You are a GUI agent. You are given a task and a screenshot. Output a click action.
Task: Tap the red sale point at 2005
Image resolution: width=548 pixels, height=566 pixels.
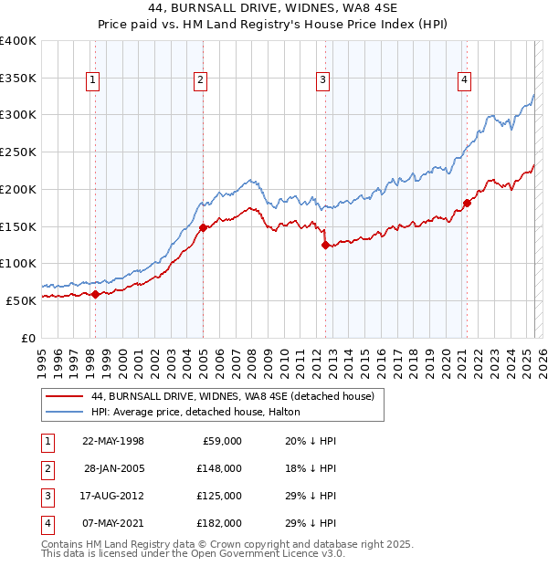tap(203, 228)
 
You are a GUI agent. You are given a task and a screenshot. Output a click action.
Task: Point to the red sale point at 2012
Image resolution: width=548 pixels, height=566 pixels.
tap(325, 245)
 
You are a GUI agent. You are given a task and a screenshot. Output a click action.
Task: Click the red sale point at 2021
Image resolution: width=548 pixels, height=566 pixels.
tap(466, 203)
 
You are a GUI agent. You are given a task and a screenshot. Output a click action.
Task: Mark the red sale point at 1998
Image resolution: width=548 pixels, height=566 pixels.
tap(95, 294)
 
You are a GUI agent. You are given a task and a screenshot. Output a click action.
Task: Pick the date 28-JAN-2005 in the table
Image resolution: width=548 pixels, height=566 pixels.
tap(114, 468)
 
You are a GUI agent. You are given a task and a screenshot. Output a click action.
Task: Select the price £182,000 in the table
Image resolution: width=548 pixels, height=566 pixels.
tap(221, 523)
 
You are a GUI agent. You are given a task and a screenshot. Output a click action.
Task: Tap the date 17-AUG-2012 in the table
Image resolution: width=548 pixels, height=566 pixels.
tap(114, 496)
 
